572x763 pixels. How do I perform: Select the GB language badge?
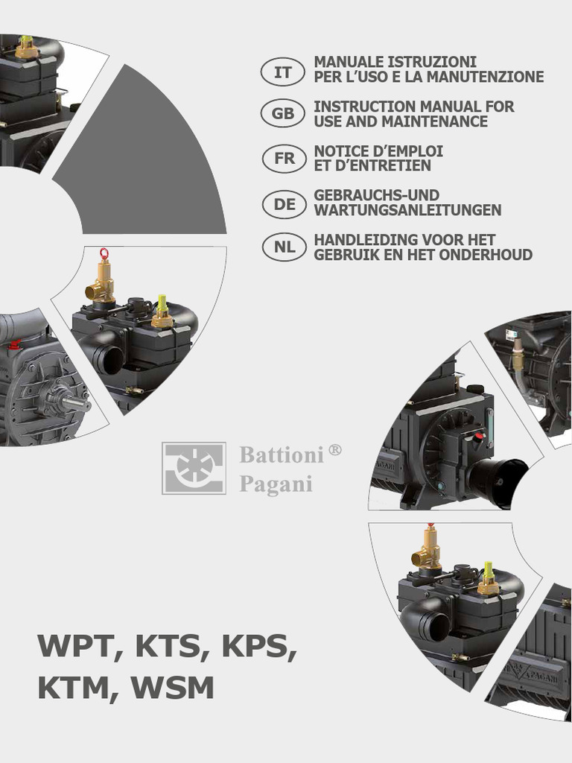tap(283, 114)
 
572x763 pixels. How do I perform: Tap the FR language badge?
tap(284, 159)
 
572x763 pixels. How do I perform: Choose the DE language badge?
tap(285, 203)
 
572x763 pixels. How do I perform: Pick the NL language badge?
tap(285, 247)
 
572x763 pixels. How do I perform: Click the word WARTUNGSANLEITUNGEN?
tap(407, 211)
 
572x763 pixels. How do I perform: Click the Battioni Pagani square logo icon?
tap(194, 469)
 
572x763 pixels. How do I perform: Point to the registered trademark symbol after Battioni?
tap(335, 450)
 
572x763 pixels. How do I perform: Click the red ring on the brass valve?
tap(104, 253)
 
